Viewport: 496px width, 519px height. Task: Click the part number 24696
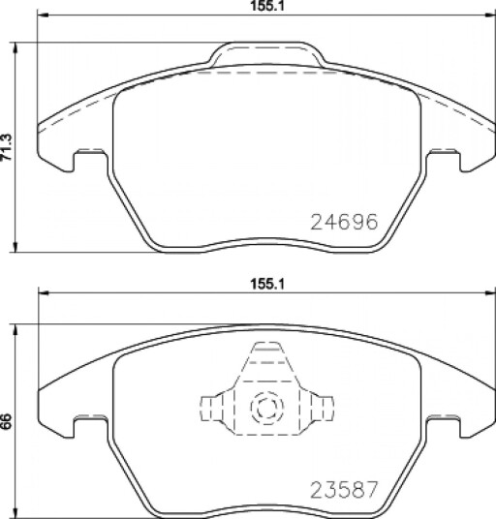click(x=344, y=222)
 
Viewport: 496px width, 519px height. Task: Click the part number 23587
click(x=344, y=490)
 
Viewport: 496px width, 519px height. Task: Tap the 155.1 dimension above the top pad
click(x=267, y=6)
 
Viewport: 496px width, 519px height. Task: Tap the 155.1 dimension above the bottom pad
click(x=267, y=284)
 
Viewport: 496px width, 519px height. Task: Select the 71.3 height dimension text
click(x=7, y=147)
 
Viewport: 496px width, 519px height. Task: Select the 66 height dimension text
click(x=7, y=422)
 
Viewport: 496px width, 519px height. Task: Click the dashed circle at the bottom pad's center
click(x=267, y=408)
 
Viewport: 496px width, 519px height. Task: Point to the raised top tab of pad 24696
click(x=266, y=53)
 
